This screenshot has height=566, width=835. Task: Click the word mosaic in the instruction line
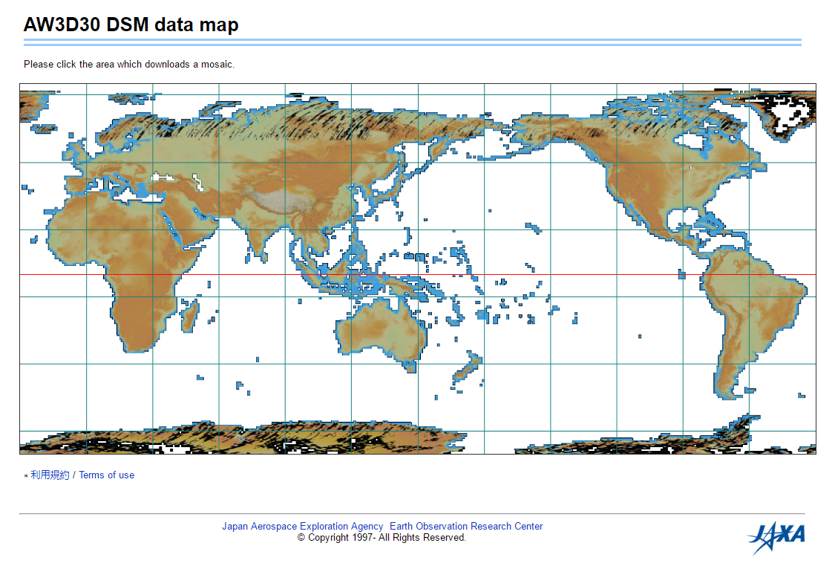click(215, 65)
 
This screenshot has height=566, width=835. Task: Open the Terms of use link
click(107, 475)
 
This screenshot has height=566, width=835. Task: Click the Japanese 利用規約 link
click(50, 475)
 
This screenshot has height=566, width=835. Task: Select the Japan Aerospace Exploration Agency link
click(303, 527)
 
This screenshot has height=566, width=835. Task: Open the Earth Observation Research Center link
click(466, 527)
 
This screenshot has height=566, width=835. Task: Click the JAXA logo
click(776, 536)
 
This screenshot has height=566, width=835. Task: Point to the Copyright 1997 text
click(382, 538)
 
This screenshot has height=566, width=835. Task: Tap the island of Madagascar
click(190, 314)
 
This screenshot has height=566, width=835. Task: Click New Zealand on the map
click(468, 369)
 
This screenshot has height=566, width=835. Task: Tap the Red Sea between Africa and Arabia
click(170, 224)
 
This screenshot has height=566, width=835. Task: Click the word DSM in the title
click(128, 25)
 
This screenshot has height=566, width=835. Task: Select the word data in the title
click(175, 25)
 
